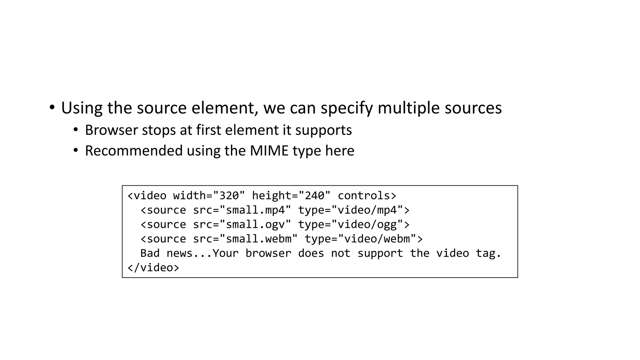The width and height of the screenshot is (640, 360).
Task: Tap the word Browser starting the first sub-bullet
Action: tap(111, 130)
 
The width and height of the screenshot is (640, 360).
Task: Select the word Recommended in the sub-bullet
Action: tap(134, 151)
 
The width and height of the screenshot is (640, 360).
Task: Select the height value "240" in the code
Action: tap(314, 196)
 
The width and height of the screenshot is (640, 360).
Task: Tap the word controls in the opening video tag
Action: tap(364, 196)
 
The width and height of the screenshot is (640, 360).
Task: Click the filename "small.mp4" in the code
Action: tap(255, 210)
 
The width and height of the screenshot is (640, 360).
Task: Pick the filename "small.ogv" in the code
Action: tap(255, 224)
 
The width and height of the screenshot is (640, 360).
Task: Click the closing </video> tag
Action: tap(153, 267)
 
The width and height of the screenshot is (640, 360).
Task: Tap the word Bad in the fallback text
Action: tap(150, 253)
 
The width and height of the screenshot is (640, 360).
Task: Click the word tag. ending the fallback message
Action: tap(488, 253)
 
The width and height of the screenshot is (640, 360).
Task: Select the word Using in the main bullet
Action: tap(82, 108)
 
